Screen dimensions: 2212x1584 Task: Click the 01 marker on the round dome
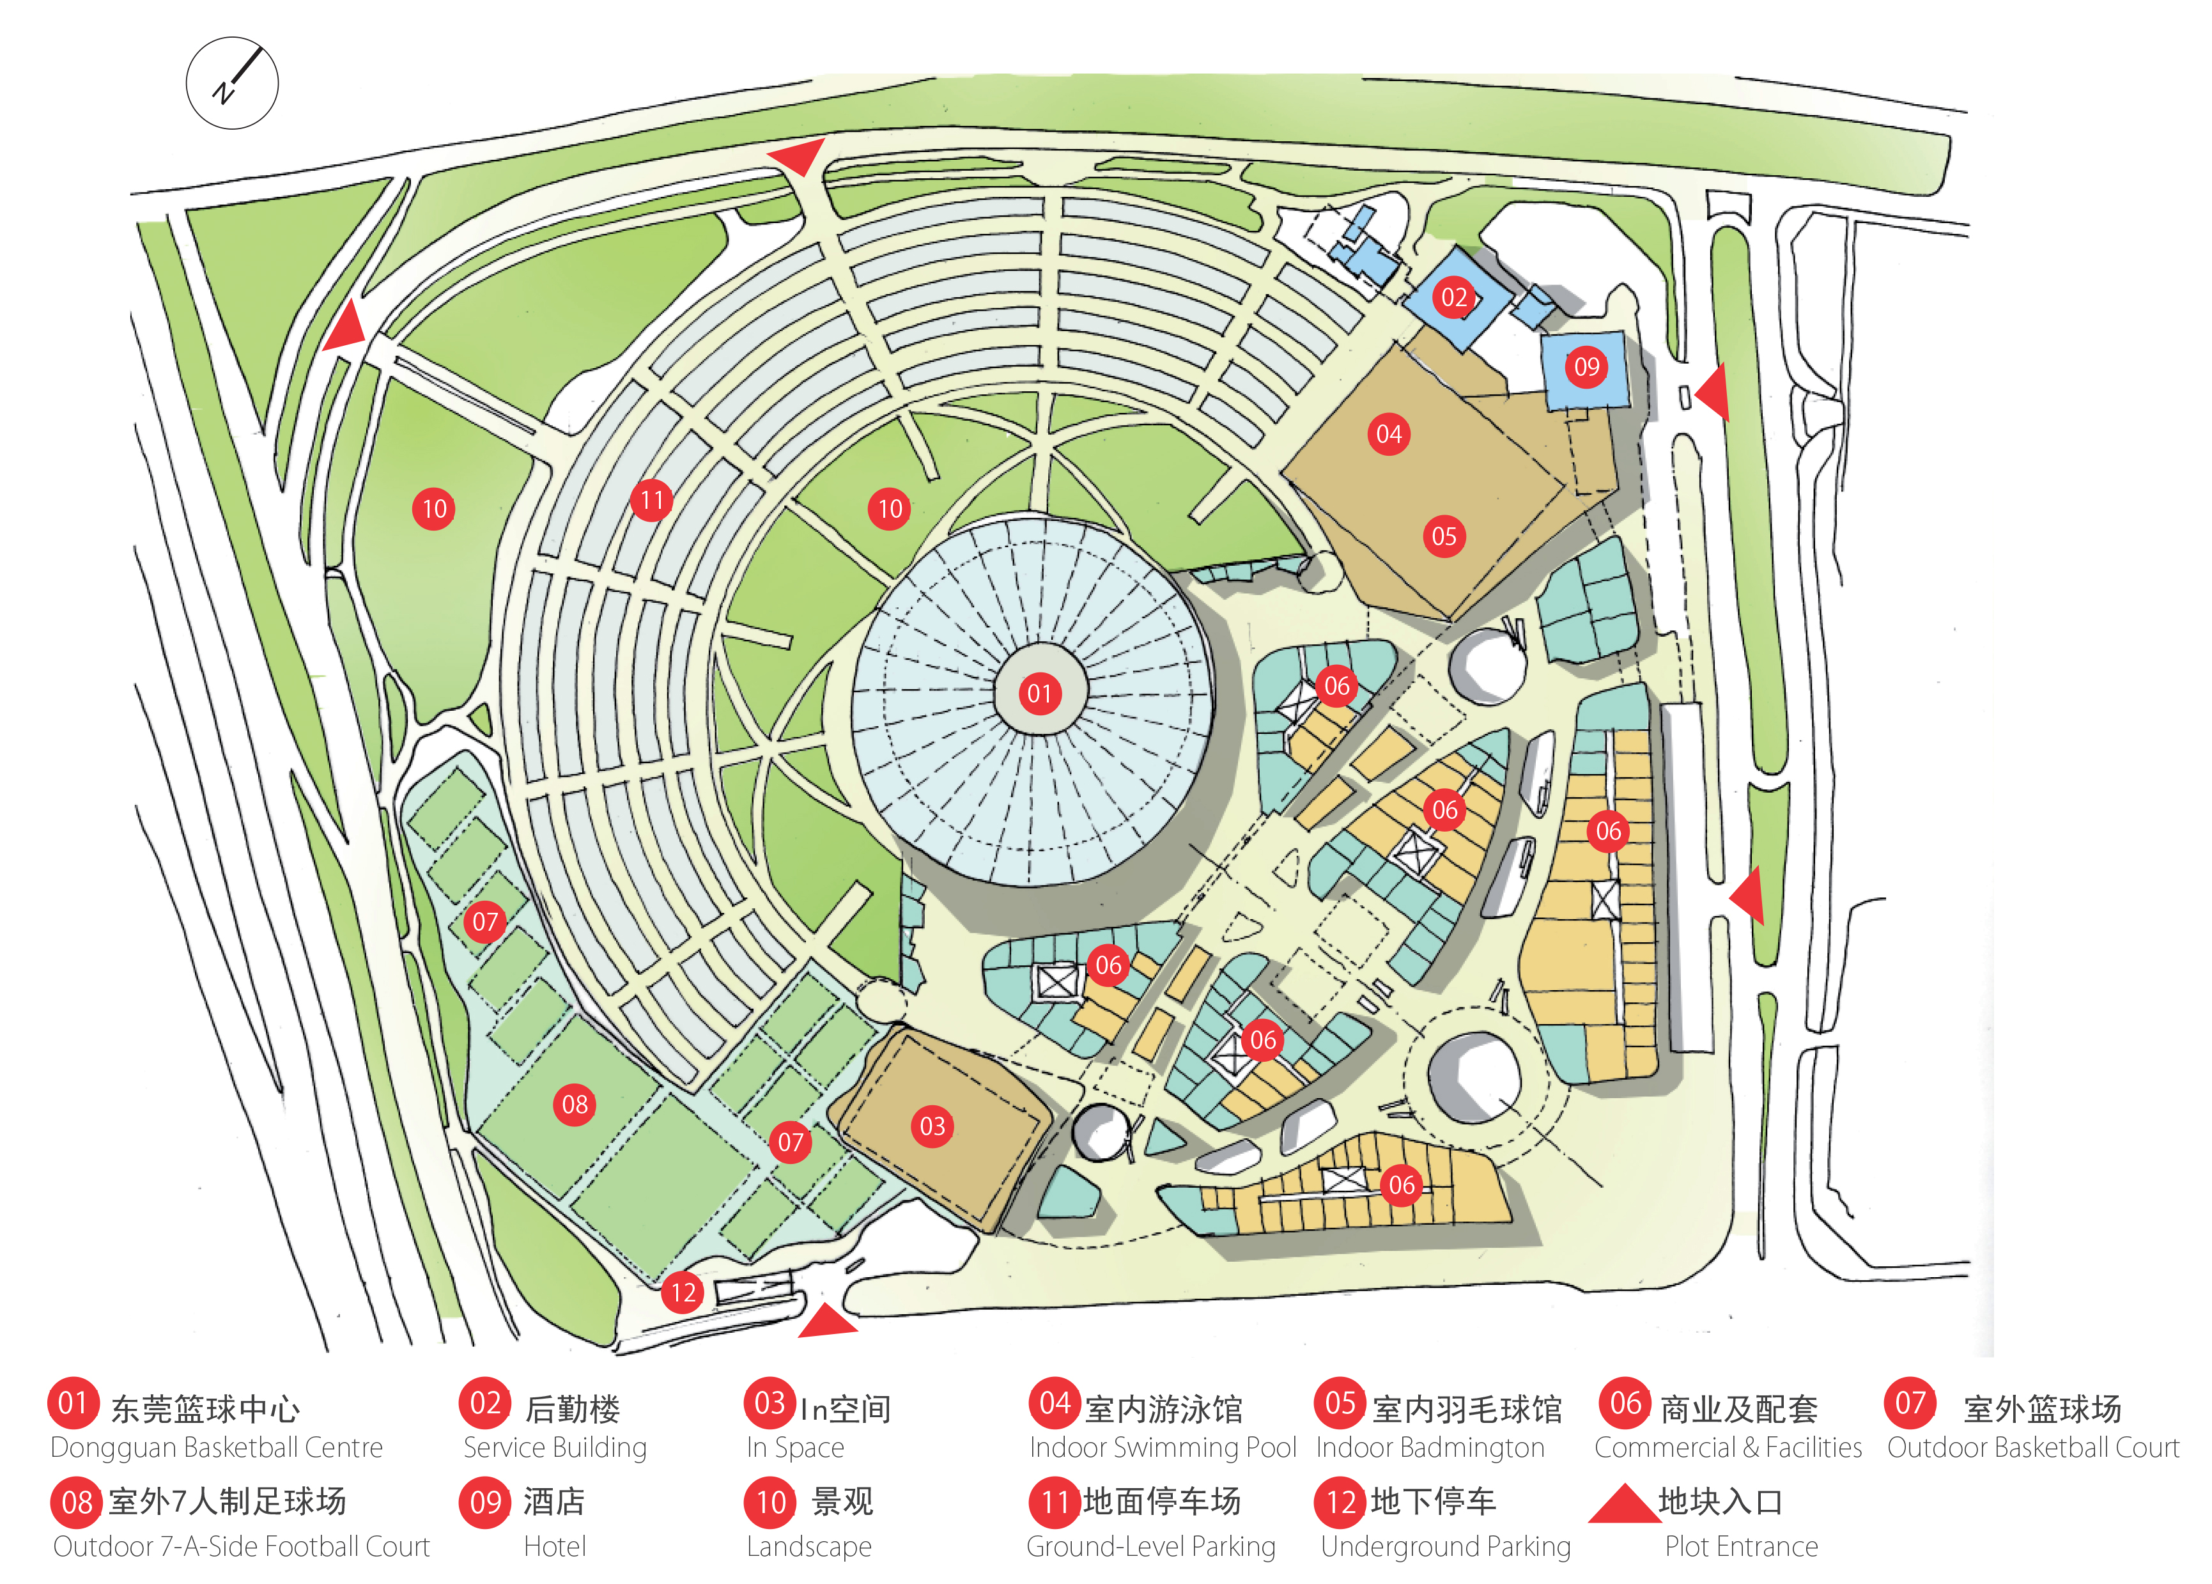click(x=1040, y=694)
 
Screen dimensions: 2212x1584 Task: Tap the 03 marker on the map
click(x=932, y=1126)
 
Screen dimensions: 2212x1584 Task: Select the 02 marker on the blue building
click(x=1453, y=297)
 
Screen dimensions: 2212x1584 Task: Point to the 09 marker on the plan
click(x=1587, y=367)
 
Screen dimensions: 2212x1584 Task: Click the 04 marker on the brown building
click(x=1389, y=434)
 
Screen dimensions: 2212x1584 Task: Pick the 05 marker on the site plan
click(x=1444, y=536)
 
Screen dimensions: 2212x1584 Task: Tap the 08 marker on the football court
click(x=575, y=1105)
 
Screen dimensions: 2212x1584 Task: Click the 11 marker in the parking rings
click(x=651, y=501)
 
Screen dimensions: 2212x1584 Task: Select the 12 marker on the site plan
click(x=683, y=1293)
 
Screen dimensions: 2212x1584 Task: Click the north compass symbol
click(x=232, y=83)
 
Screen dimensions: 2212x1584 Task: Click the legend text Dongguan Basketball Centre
click(x=217, y=1447)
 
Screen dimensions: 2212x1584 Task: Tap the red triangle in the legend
click(x=1624, y=1503)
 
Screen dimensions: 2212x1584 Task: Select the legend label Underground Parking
click(x=1446, y=1547)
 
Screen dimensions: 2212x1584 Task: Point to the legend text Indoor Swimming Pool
click(x=1163, y=1447)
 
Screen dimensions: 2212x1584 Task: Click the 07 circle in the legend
click(x=1910, y=1404)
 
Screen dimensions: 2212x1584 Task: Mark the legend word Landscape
click(x=810, y=1547)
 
